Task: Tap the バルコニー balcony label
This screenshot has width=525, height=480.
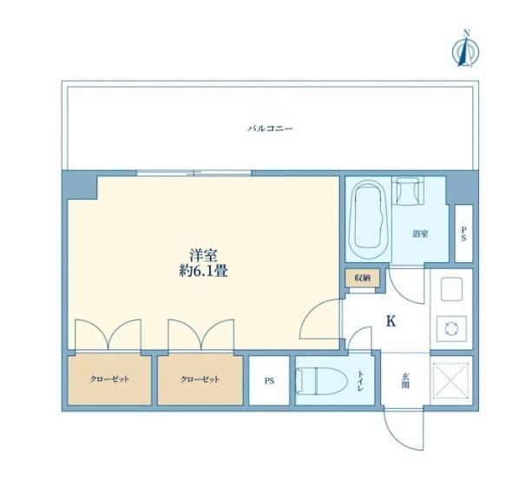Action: tap(270, 128)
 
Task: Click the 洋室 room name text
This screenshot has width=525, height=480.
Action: tap(204, 255)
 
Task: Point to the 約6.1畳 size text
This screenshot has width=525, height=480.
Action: tap(204, 271)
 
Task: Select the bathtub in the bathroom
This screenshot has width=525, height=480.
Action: tap(368, 220)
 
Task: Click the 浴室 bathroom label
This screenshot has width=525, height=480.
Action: tap(420, 233)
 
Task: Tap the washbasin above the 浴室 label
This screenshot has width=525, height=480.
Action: tap(408, 191)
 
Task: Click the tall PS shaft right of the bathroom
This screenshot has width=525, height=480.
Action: tap(463, 233)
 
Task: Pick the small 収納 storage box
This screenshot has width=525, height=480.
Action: tap(363, 278)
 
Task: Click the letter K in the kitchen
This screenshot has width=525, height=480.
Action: tap(390, 321)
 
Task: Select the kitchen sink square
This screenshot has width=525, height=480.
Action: tap(452, 289)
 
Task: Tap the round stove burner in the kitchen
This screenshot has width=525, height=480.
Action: tap(451, 328)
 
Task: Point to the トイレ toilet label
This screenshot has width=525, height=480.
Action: tap(360, 381)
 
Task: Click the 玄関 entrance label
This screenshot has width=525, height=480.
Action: tap(405, 381)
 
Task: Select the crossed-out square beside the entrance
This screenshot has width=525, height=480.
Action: tap(451, 381)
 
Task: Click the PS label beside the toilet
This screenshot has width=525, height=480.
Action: tap(269, 381)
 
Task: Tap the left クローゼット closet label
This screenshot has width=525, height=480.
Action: tap(109, 379)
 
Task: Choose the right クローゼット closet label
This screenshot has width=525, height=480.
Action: tap(200, 379)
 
